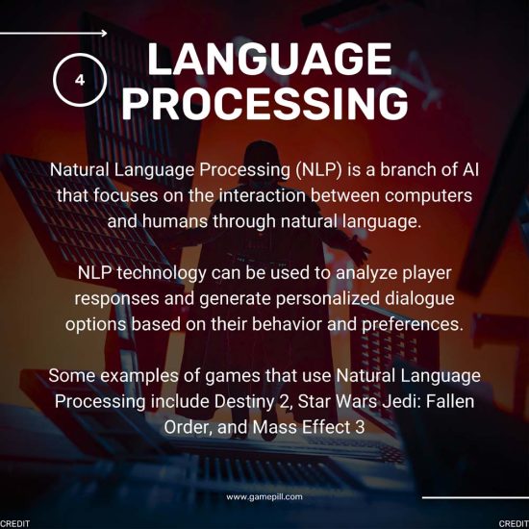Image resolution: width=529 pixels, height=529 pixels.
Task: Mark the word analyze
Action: (367, 273)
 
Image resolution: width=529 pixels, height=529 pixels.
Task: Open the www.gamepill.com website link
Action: (264, 496)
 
